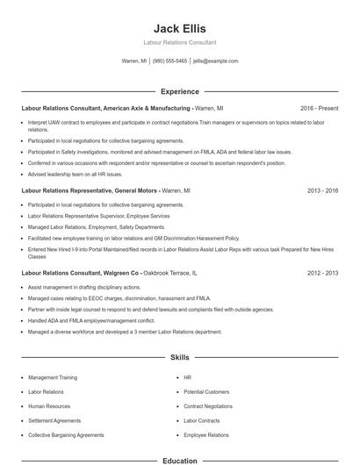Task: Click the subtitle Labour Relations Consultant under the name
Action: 179,42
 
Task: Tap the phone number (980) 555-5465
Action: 169,61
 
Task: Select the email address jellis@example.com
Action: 215,61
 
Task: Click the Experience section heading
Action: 179,91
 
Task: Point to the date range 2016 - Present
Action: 319,108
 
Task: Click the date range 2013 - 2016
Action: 323,190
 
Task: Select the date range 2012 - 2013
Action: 323,273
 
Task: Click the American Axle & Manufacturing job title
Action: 105,108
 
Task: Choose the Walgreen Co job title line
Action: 80,273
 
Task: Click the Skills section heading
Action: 179,358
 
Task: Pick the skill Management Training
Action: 53,377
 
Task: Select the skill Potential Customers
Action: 206,391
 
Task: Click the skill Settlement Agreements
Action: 54,420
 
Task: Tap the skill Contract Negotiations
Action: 208,406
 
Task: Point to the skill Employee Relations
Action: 206,434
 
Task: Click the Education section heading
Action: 179,460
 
